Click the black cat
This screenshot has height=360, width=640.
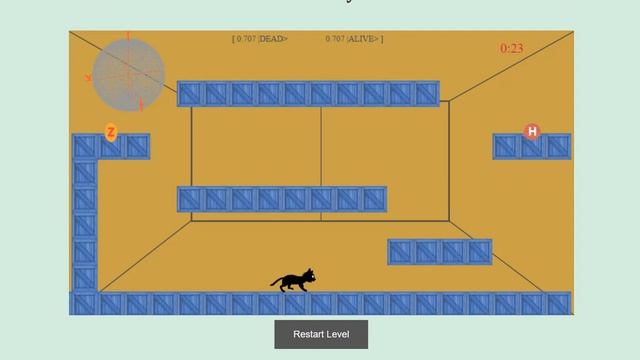pos(293,280)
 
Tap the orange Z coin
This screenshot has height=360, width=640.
pos(111,132)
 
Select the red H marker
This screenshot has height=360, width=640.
pos(532,131)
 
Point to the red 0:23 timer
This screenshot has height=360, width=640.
pos(512,48)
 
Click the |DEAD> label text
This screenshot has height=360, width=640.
pos(273,39)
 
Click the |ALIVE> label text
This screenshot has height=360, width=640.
pos(364,39)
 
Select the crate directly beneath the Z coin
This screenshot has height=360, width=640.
pos(111,147)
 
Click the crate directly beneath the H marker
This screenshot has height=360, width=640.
pos(532,146)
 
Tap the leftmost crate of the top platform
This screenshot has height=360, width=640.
pos(191,94)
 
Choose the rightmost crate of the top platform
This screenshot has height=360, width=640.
pos(426,94)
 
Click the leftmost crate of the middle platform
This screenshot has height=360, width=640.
pos(191,199)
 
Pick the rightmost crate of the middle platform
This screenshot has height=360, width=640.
pos(373,199)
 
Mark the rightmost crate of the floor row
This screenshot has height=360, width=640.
pos(558,303)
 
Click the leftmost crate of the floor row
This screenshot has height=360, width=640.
pos(84,303)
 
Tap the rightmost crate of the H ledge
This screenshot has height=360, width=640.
pos(558,146)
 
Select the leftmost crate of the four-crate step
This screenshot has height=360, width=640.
pos(401,252)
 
